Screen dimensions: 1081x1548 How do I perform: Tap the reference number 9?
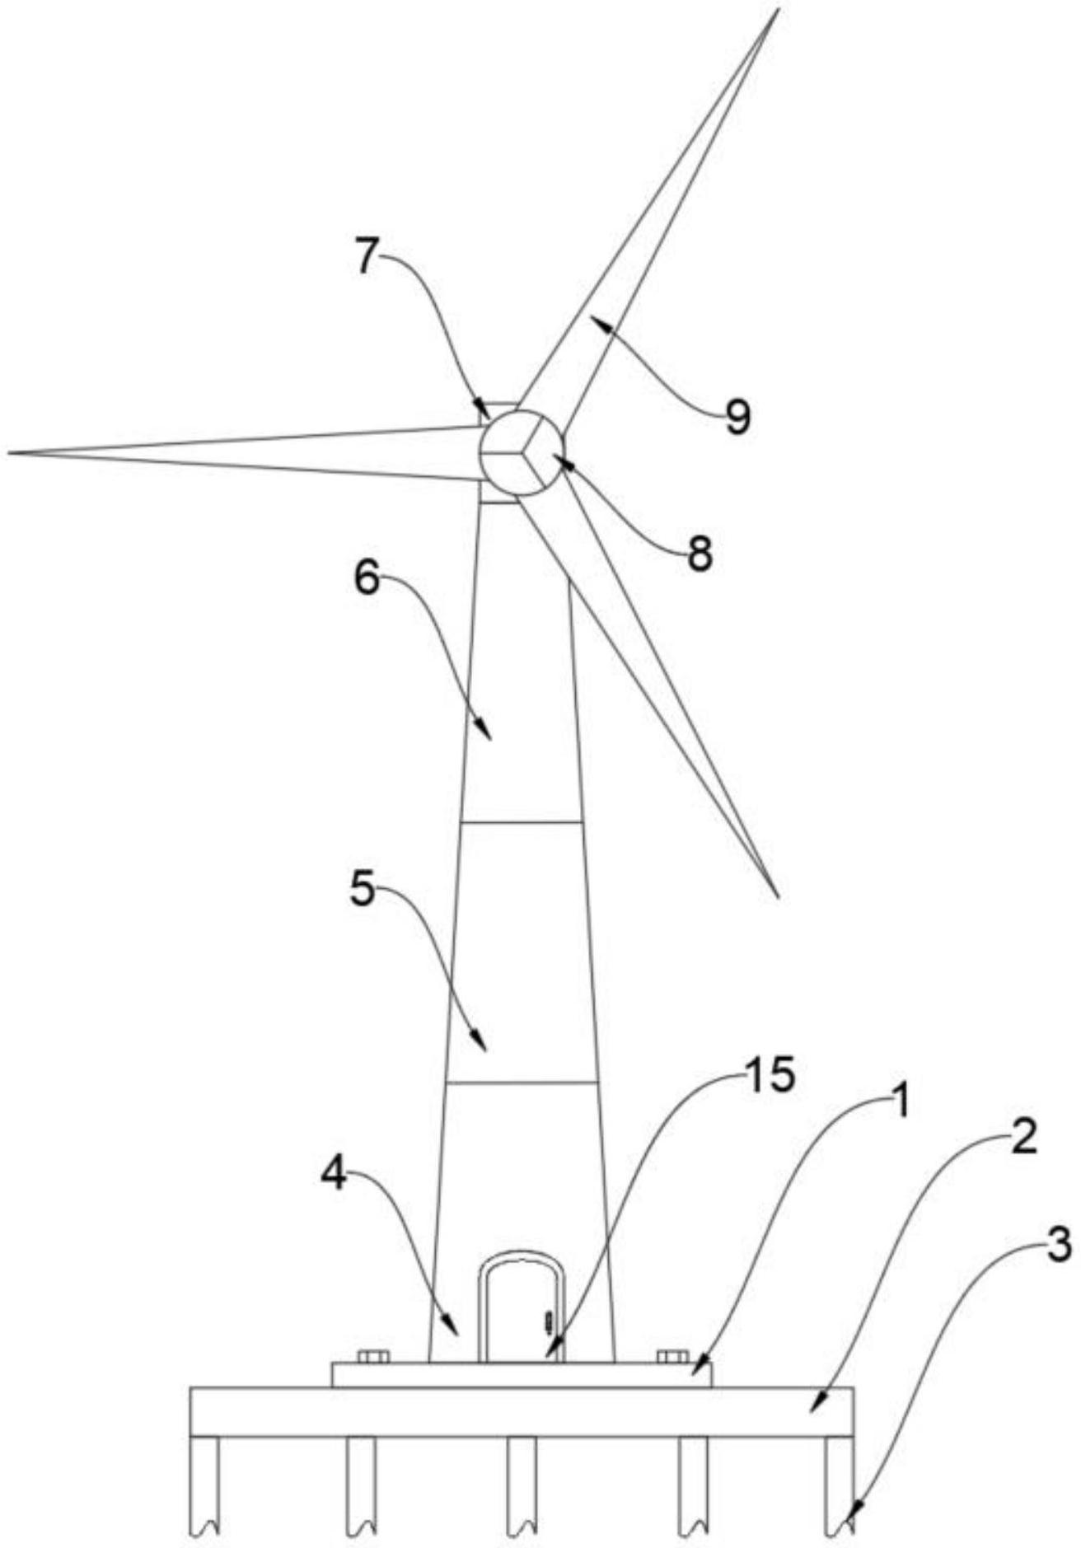tap(738, 418)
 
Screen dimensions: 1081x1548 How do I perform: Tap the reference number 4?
tap(334, 1176)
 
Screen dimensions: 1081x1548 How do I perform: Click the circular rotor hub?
tap(522, 452)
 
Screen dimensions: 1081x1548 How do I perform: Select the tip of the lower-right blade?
tap(778, 896)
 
